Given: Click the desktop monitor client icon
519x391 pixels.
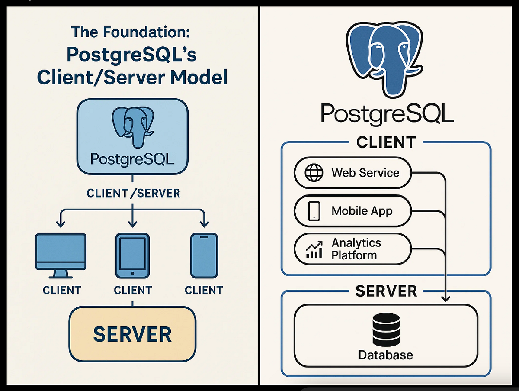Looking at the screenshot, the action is tap(61, 255).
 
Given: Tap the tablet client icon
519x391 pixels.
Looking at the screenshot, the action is tap(132, 255).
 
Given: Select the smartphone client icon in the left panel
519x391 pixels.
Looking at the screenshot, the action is tap(203, 255).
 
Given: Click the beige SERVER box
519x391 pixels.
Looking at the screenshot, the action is tap(132, 334).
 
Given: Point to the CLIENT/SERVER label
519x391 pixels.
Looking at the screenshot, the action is tap(133, 193).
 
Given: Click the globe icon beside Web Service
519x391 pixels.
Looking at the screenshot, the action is tap(314, 173).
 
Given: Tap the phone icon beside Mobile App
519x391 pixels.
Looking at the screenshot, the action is tap(314, 211).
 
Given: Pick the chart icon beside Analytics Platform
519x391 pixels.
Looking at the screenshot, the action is tap(314, 249).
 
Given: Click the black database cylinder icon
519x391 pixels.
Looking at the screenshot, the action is tap(385, 330).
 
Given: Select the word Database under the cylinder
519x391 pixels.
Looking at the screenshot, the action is tap(385, 355).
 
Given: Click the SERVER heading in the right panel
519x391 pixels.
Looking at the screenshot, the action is tap(386, 291).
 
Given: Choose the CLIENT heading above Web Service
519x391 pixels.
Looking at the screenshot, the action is tap(386, 142).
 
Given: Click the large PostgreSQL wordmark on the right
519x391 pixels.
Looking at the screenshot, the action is tap(387, 114).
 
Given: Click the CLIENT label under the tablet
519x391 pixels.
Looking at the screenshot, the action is tap(132, 290).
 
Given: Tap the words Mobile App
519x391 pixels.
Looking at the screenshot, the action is tap(362, 211).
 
